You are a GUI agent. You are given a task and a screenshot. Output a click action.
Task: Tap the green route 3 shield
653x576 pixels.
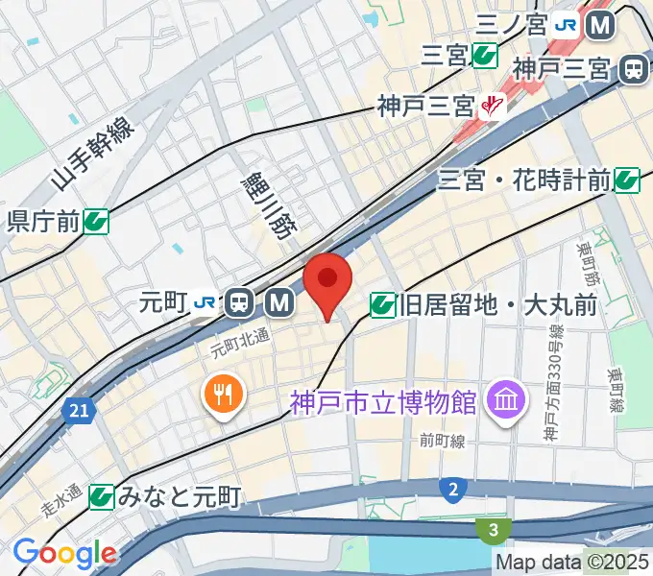tap(493, 530)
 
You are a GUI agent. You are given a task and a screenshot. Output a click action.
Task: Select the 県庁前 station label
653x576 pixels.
tap(43, 223)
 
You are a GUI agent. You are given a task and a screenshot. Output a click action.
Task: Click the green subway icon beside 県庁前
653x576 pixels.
tap(95, 223)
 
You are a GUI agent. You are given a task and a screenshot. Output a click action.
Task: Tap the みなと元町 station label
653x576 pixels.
tap(178, 496)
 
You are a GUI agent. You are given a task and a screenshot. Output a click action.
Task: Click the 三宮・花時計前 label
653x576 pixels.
tap(523, 178)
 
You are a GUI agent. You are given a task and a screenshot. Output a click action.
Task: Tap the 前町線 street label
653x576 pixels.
tap(441, 441)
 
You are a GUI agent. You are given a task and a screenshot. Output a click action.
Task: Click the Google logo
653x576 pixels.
tap(64, 553)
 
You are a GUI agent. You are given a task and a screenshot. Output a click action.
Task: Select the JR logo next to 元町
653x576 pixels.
tap(204, 303)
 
